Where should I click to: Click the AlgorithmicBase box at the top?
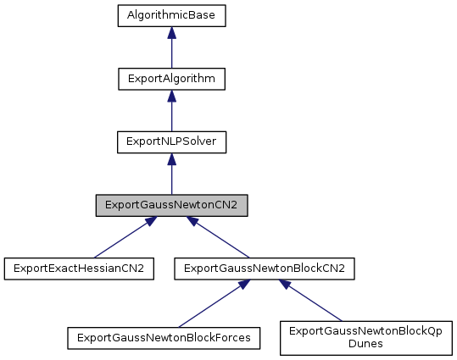click(x=171, y=15)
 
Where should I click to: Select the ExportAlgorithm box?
click(x=171, y=79)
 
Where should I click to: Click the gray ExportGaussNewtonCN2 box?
click(x=171, y=206)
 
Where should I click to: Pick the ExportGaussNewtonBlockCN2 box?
click(x=264, y=269)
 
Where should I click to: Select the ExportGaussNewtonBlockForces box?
click(x=164, y=337)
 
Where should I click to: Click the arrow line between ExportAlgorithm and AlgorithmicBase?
click(x=171, y=53)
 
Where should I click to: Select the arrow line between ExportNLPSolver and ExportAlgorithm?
click(x=171, y=116)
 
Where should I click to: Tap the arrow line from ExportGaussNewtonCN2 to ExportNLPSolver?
click(x=171, y=180)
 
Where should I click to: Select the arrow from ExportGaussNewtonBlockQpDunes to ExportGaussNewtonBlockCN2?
click(x=315, y=303)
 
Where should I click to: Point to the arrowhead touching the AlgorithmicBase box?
click(x=171, y=32)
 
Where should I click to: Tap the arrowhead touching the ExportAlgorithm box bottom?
click(x=171, y=96)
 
